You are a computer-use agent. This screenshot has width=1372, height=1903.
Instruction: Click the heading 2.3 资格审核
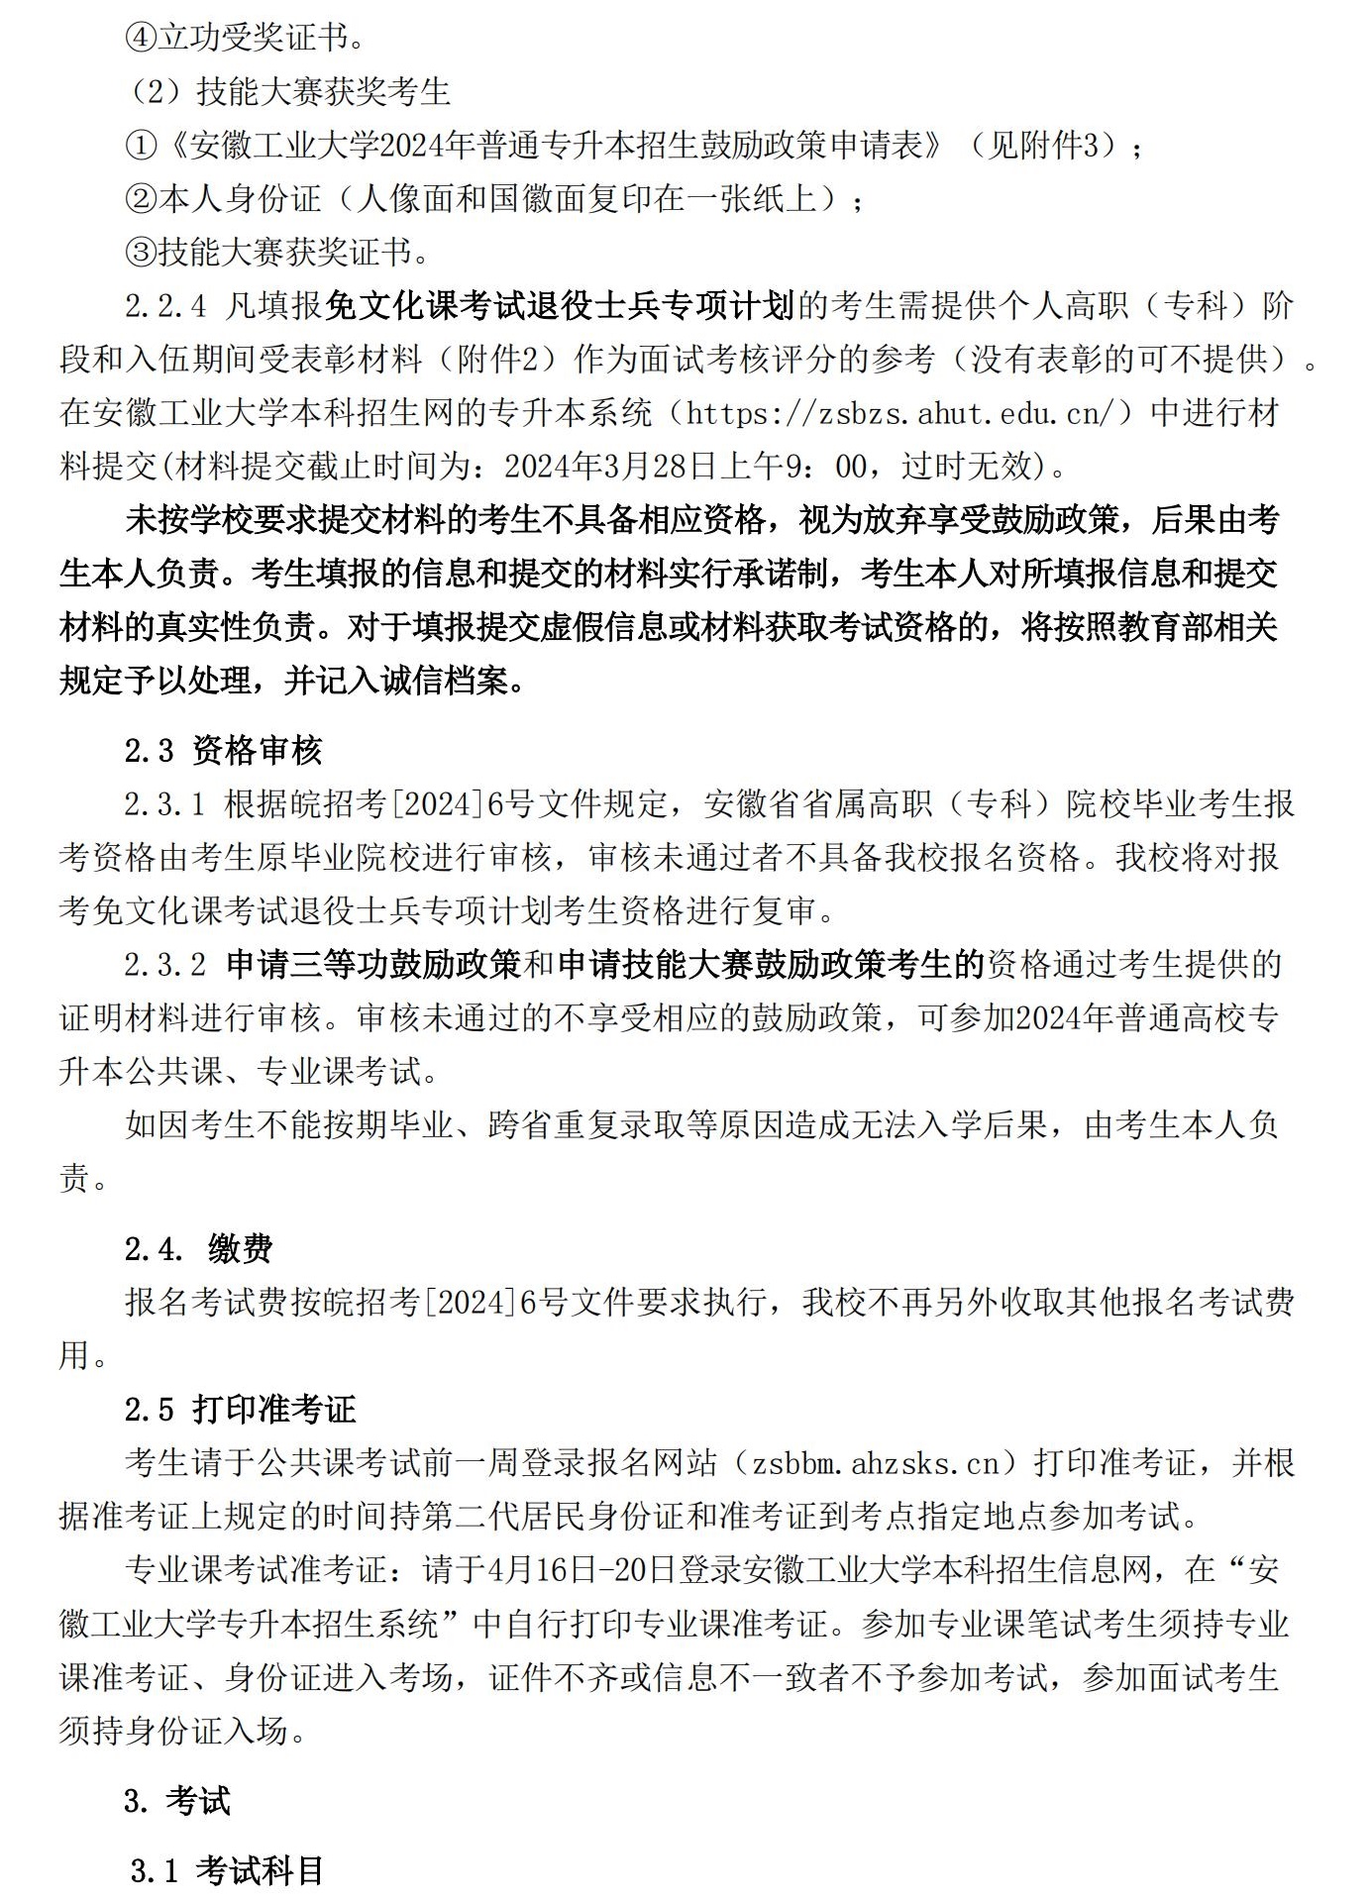[x=224, y=751]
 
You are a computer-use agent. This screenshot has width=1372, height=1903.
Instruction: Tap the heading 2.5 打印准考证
[x=240, y=1409]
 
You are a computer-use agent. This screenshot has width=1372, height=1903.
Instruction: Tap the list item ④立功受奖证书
[x=243, y=39]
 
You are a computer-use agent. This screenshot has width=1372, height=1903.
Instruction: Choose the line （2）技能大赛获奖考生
[x=288, y=92]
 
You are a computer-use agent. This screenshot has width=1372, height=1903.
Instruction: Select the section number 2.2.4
[x=165, y=306]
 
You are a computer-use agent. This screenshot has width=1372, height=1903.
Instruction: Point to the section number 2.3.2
[x=165, y=965]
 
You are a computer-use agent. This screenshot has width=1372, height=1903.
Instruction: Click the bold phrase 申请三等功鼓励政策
[x=373, y=965]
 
